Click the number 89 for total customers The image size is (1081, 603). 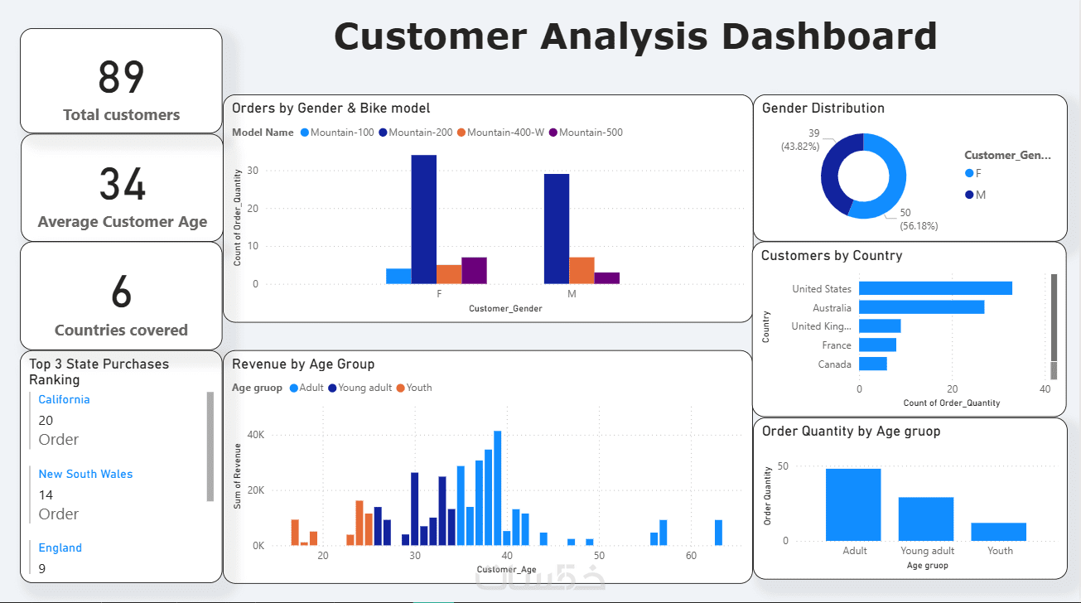click(x=121, y=78)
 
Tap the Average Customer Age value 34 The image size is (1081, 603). click(x=122, y=185)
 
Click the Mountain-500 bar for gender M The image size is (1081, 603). click(x=606, y=278)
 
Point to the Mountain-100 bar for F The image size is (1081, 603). click(x=398, y=276)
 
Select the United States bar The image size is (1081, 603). click(x=935, y=288)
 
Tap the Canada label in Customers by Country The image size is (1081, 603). click(x=834, y=364)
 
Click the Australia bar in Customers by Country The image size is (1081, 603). click(x=921, y=307)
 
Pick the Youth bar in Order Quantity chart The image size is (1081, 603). click(x=998, y=532)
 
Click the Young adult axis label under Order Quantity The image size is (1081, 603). click(x=927, y=551)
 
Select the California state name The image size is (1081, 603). click(x=64, y=399)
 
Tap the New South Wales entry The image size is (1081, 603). click(x=85, y=474)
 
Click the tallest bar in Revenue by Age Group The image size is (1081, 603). click(x=497, y=489)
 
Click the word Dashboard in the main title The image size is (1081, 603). click(x=829, y=37)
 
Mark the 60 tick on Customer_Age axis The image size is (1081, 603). click(x=691, y=556)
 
